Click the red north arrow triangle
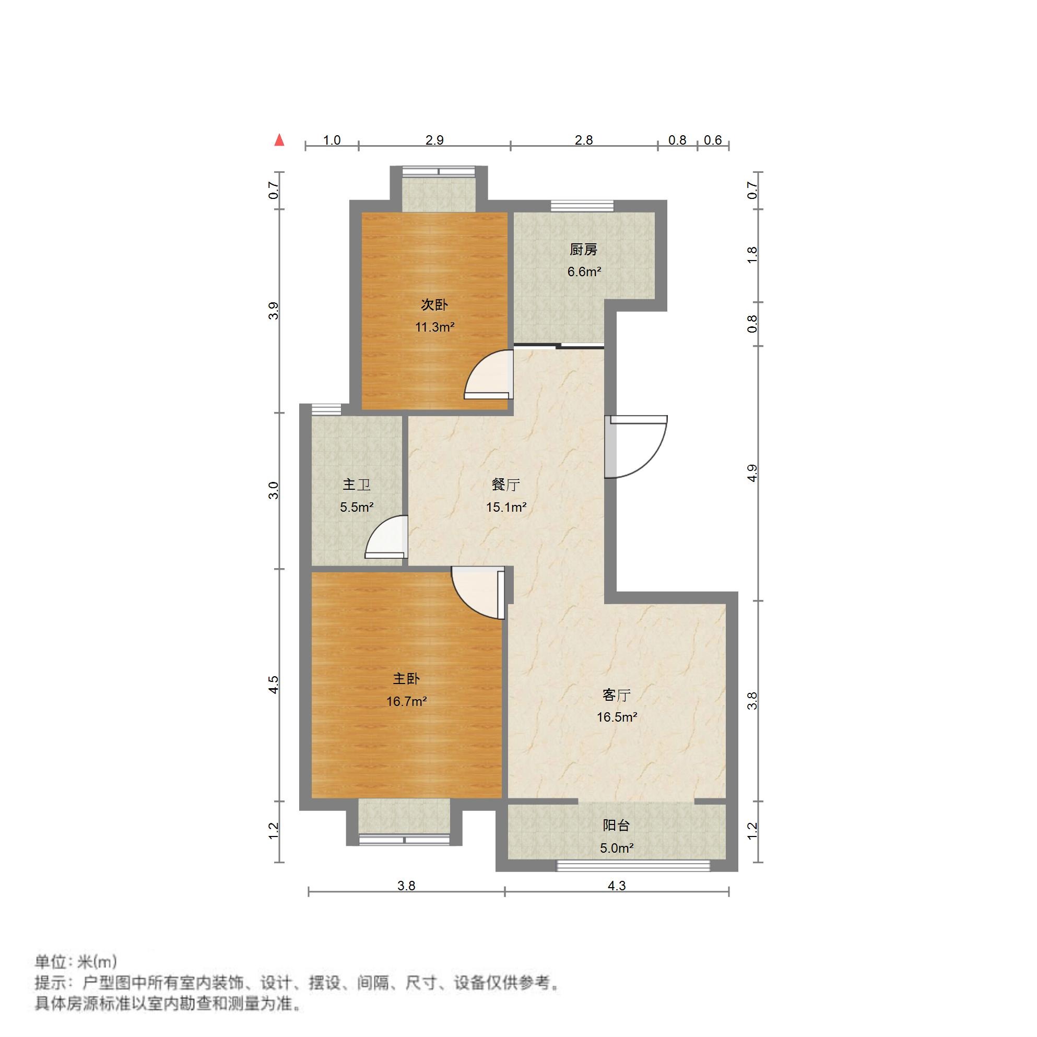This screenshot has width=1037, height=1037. tap(279, 140)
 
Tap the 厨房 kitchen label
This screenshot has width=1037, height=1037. tap(583, 250)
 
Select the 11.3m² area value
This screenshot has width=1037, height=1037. tap(435, 327)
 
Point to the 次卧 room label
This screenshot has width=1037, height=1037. tap(434, 305)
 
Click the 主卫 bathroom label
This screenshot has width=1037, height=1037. tap(357, 485)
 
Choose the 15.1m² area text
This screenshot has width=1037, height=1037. tap(506, 506)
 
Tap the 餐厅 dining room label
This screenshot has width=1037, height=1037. tap(505, 485)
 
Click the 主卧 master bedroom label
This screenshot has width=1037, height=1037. tap(406, 678)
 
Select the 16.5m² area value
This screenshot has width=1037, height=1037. tap(617, 717)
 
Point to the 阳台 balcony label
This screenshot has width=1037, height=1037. tap(616, 825)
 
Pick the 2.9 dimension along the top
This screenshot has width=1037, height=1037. tap(434, 140)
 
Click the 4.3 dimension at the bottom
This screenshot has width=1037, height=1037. tap(616, 886)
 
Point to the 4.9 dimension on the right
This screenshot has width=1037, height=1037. tap(752, 473)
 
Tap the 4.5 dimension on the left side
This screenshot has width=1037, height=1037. tap(274, 685)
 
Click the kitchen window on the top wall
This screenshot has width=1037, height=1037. tap(582, 206)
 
